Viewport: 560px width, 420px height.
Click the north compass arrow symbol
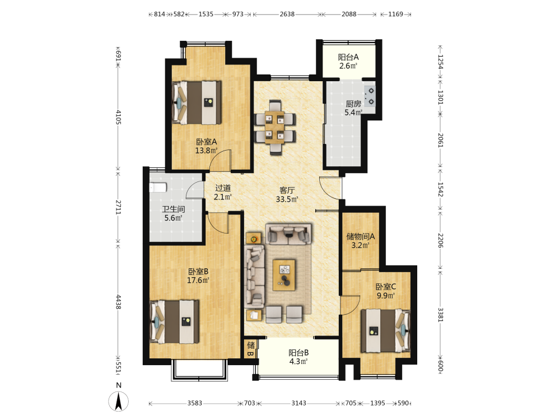(x=119, y=401)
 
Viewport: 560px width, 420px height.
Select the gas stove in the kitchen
(x=370, y=96)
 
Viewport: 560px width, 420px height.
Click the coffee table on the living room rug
(x=284, y=275)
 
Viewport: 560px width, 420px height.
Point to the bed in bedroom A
(x=197, y=103)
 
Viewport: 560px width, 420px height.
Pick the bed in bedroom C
(x=386, y=331)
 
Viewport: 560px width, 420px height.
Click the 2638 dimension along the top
(x=287, y=15)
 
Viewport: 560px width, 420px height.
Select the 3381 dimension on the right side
(x=441, y=315)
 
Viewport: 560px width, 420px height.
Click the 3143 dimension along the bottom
(x=298, y=403)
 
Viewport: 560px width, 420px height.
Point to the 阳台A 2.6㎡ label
(x=348, y=62)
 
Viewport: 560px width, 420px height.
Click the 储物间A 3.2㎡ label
(x=360, y=241)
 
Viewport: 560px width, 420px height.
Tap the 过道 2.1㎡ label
(x=223, y=192)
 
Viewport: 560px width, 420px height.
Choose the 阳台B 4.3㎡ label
(x=298, y=357)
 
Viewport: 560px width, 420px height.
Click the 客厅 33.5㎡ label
(x=287, y=195)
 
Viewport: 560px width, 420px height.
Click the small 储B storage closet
(x=251, y=348)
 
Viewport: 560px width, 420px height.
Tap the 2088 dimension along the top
(x=349, y=15)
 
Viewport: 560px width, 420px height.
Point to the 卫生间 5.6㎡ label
(x=174, y=213)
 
